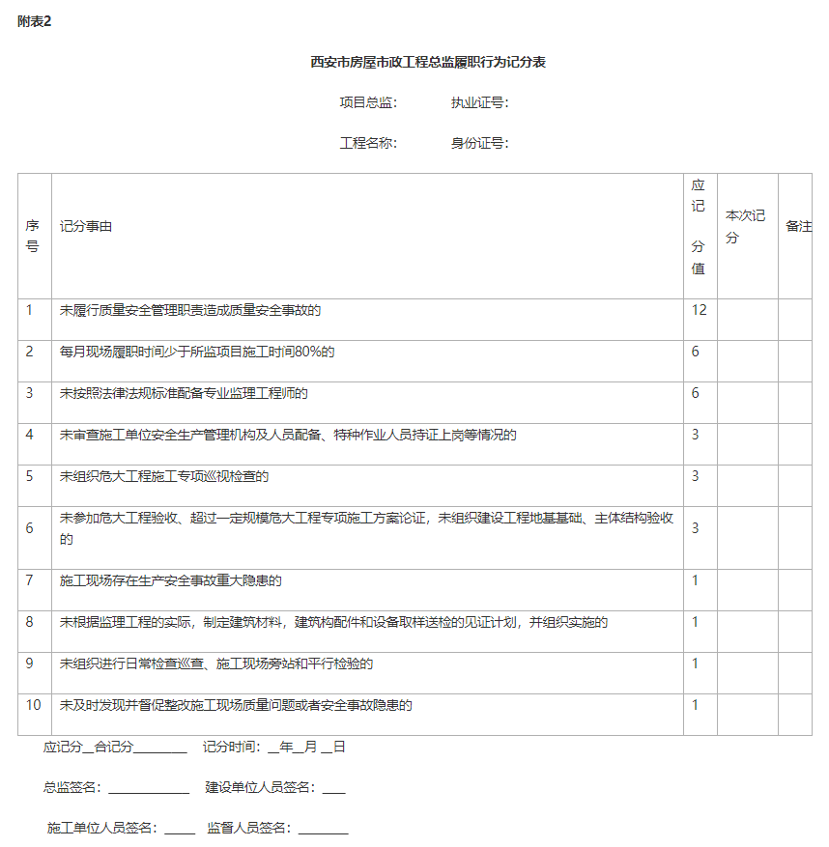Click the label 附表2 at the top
pyautogui.click(x=34, y=22)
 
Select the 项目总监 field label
pyautogui.click(x=368, y=102)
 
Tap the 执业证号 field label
pyautogui.click(x=479, y=102)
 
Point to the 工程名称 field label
pyautogui.click(x=368, y=143)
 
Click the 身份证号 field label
pyautogui.click(x=479, y=143)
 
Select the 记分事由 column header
pyautogui.click(x=86, y=226)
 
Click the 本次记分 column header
pyautogui.click(x=746, y=226)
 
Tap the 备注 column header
pyautogui.click(x=798, y=226)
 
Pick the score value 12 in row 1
pyautogui.click(x=699, y=310)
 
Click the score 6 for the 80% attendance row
pyautogui.click(x=695, y=352)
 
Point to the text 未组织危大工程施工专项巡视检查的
pyautogui.click(x=164, y=476)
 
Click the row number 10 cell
pyautogui.click(x=34, y=705)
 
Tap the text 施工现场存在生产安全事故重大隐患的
pyautogui.click(x=171, y=580)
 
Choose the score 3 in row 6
pyautogui.click(x=695, y=528)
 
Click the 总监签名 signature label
pyautogui.click(x=72, y=787)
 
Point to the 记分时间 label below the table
pyautogui.click(x=231, y=747)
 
